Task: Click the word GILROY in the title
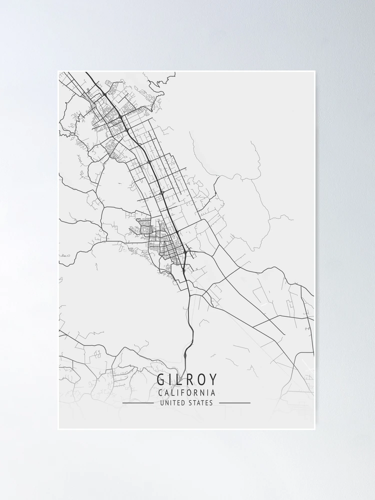coord(187,380)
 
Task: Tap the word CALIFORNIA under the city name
coord(186,393)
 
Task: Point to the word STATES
coord(200,402)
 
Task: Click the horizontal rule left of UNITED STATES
coord(138,403)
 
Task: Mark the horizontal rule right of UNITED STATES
coord(234,403)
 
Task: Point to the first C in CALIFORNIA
coord(160,393)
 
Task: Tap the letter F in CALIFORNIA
coord(182,393)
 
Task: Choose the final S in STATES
coord(211,402)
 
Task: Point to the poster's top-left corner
coord(58,71)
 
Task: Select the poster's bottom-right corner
coord(315,429)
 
